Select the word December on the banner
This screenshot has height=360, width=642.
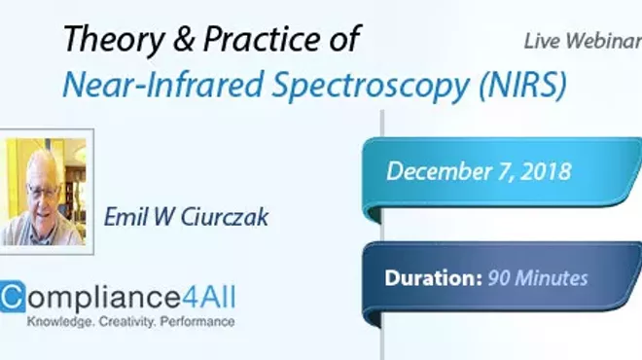[x=440, y=171]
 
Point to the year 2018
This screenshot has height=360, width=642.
[x=545, y=171]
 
